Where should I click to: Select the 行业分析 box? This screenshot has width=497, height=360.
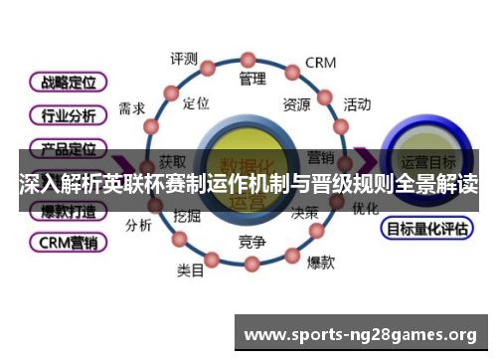coord(69,115)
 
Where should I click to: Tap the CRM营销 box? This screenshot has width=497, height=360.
coord(69,242)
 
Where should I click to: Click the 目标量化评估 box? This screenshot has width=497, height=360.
coord(425,228)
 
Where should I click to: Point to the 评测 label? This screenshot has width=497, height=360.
coord(184,58)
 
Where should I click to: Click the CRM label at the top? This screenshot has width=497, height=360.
coord(320,62)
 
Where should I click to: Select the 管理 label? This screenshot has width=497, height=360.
coord(252,78)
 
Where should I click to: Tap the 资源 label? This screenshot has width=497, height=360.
coord(296,102)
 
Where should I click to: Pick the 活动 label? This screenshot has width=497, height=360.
coord(357,103)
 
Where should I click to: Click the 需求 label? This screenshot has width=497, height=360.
coord(132,108)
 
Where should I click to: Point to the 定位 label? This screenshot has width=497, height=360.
coord(197,102)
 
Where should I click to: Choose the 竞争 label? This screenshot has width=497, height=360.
coord(251,242)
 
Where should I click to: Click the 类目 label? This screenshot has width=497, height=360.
coord(191,269)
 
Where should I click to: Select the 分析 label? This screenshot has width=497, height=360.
coord(138,225)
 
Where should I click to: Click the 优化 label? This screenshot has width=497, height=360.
coord(365,209)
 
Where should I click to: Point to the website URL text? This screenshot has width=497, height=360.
coord(360,334)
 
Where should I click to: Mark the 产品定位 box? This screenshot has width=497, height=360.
coord(69,149)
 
